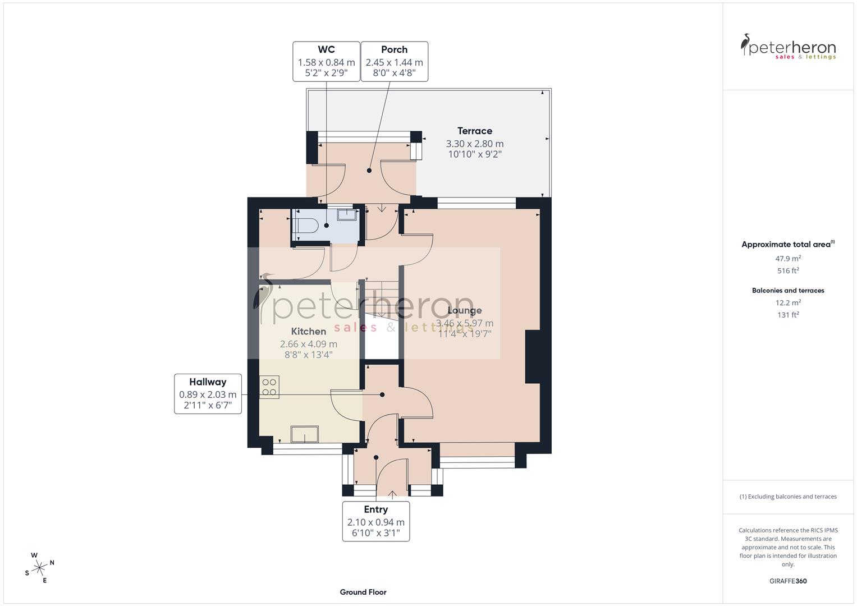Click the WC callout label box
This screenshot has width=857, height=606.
click(x=326, y=61)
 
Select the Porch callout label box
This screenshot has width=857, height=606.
click(x=394, y=61)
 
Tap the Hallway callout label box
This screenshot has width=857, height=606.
click(x=208, y=393)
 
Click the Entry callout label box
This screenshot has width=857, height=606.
click(x=375, y=521)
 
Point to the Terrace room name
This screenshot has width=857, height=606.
click(x=474, y=131)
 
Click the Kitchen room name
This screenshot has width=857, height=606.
click(x=309, y=332)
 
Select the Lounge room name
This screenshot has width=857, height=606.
click(x=465, y=310)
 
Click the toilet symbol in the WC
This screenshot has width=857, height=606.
click(x=306, y=226)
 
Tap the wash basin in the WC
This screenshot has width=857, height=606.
click(x=347, y=214)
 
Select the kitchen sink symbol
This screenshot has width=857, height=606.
click(x=304, y=434)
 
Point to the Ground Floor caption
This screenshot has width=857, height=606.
click(x=363, y=592)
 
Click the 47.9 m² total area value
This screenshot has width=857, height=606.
click(x=788, y=259)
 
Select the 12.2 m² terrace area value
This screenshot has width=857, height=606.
click(x=788, y=302)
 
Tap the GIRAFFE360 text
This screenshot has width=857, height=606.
click(x=788, y=581)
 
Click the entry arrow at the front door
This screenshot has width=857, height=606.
click(x=392, y=494)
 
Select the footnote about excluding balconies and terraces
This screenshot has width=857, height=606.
click(x=788, y=497)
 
